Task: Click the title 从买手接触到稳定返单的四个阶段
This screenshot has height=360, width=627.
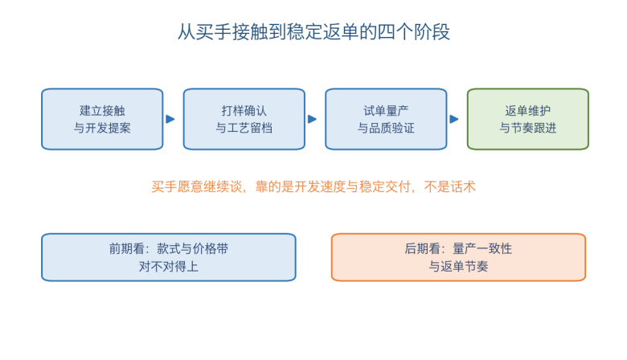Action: pos(313,32)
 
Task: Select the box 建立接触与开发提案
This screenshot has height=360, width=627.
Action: pos(102,119)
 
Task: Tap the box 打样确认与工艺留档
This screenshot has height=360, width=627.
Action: pos(244,119)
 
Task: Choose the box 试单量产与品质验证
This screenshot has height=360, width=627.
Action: pos(387,119)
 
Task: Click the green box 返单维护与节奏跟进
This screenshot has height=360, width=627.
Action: pos(528,119)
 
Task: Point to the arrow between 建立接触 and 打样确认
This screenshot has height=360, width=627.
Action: pos(170,119)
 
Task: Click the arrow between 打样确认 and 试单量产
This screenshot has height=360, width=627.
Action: pos(313,119)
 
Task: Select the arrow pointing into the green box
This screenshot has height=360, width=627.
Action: pos(454,119)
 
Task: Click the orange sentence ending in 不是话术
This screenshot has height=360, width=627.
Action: pos(313,186)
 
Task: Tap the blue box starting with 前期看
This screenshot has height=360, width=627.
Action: pos(169,257)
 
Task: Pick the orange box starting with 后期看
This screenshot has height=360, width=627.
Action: pos(459,257)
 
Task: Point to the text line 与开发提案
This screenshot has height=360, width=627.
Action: pos(102,128)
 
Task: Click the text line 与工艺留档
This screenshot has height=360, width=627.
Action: pos(244,128)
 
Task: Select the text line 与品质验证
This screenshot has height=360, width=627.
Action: pos(387,128)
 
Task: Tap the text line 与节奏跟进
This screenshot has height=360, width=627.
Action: pos(528,128)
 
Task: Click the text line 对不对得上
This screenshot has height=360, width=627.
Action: pos(169,266)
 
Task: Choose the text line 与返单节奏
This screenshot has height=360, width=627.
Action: pos(459,266)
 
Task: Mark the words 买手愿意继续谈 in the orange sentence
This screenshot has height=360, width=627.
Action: pos(196,186)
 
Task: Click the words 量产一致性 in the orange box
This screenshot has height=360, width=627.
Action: pos(482,248)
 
